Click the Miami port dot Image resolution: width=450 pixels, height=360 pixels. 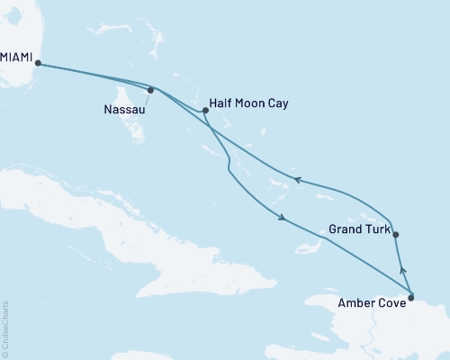(37, 63)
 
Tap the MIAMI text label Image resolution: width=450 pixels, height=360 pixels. (16, 58)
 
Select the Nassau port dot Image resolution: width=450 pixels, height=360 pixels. (151, 89)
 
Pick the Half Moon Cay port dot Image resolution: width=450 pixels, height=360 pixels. (206, 111)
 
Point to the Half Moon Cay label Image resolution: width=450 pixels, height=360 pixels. (251, 103)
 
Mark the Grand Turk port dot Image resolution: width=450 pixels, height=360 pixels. (396, 235)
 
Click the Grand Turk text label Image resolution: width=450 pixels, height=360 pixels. (359, 230)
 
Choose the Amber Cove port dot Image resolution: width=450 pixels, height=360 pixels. (411, 296)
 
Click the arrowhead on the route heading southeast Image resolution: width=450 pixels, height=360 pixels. (283, 219)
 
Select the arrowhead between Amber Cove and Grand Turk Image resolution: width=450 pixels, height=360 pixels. (402, 267)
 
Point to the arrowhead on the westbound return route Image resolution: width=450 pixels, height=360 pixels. (298, 179)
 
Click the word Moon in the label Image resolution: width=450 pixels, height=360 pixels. (251, 103)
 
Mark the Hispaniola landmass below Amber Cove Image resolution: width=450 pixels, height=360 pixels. (396, 328)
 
